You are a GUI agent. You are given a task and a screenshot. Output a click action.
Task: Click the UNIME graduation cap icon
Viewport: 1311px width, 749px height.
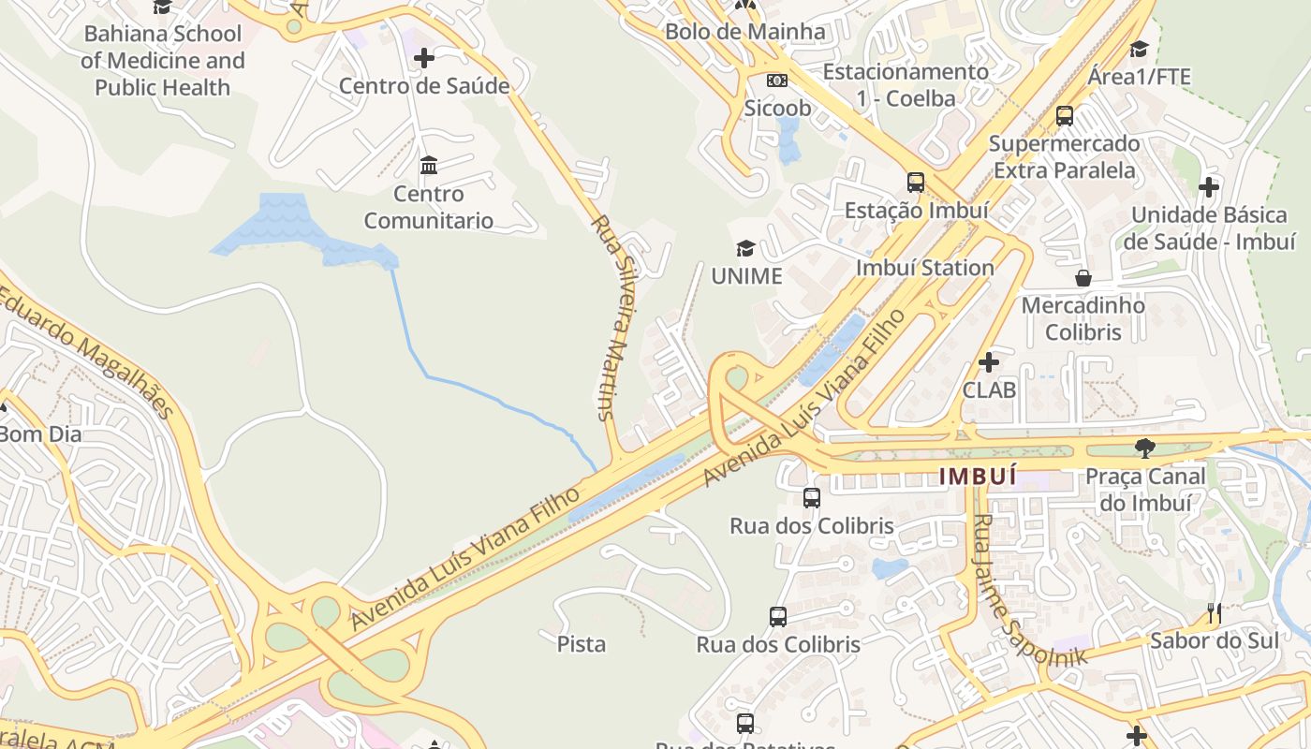pos(745,248)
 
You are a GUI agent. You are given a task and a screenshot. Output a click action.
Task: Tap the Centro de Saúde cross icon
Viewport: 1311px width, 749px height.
pos(424,58)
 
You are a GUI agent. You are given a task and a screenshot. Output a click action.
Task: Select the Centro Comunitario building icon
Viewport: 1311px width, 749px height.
pos(429,166)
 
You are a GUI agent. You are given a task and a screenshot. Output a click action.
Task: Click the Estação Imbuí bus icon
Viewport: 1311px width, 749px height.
pos(916,183)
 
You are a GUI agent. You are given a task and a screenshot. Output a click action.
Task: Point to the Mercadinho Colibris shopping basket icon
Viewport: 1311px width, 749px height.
pos(1083,278)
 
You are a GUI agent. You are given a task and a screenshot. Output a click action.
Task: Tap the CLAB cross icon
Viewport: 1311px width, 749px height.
pos(989,362)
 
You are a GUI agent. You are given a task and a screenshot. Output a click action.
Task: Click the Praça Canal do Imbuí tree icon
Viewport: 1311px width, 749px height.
pos(1144,448)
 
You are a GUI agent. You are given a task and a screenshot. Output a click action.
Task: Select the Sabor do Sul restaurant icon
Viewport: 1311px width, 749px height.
pos(1215,613)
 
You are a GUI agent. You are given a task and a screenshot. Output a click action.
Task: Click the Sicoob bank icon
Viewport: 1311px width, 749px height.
pos(777,81)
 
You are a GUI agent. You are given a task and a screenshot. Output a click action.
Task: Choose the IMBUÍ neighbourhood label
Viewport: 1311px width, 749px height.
pos(978,476)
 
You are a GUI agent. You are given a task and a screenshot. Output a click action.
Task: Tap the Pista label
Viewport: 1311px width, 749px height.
pos(582,644)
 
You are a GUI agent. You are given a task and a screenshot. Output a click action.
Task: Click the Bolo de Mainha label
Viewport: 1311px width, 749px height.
pos(745,32)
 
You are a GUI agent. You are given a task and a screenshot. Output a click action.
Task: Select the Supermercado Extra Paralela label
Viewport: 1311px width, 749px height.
pos(1065,157)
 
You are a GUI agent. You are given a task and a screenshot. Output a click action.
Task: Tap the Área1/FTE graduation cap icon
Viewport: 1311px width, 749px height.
pos(1139,49)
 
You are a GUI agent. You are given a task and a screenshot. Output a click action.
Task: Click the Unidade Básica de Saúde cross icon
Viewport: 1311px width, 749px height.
pos(1209,187)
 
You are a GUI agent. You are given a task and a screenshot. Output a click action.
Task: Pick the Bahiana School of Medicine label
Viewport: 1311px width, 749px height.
pos(162,61)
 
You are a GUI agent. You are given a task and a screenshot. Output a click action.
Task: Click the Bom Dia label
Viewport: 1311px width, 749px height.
pos(40,434)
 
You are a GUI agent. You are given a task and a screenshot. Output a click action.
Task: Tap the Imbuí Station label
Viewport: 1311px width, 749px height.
pos(925,268)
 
